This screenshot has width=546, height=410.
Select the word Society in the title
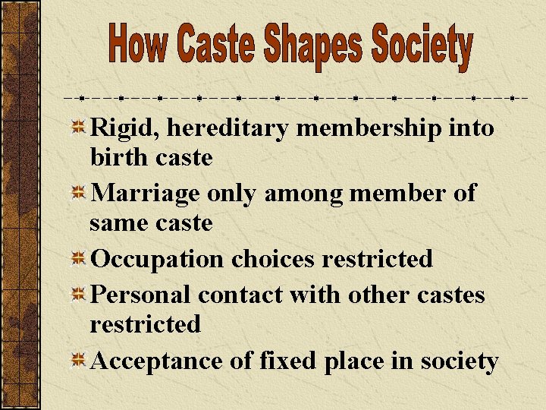[x=422, y=47]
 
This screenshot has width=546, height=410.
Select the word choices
[x=273, y=259]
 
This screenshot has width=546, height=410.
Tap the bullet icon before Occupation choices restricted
[x=77, y=259]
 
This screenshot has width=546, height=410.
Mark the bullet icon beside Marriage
[x=77, y=194]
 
